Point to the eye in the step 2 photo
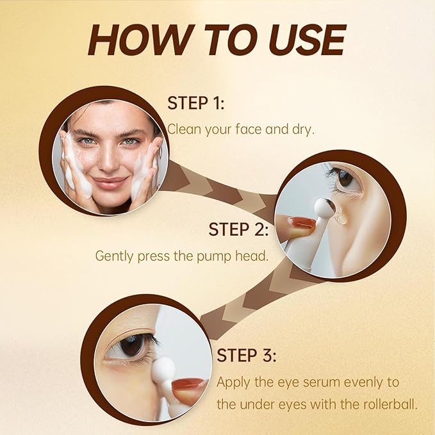(347, 178)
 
